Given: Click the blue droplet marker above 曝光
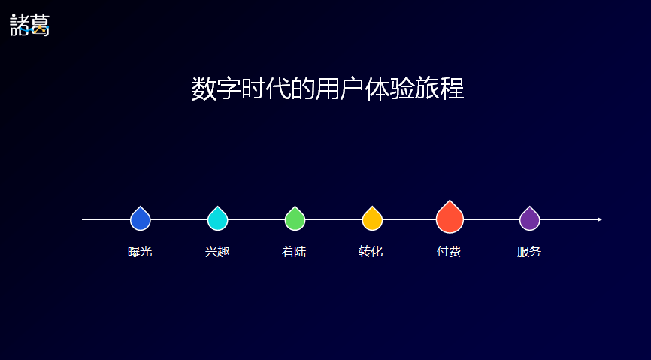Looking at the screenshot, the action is pyautogui.click(x=141, y=219).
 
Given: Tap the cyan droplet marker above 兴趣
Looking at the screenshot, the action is pyautogui.click(x=217, y=219).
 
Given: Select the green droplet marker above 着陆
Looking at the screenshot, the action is pyautogui.click(x=295, y=219).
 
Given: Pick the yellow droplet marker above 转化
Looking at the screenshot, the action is pyautogui.click(x=372, y=219).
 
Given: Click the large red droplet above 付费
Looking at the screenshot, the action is pyautogui.click(x=450, y=217).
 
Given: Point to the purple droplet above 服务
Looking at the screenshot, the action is pyautogui.click(x=530, y=219).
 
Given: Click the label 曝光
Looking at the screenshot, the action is pyautogui.click(x=140, y=252).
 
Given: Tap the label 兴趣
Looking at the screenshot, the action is pyautogui.click(x=217, y=252).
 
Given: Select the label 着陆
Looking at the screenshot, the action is pyautogui.click(x=294, y=252).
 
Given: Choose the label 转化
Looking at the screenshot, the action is pyautogui.click(x=371, y=252).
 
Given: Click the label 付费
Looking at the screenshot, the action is pyautogui.click(x=449, y=252).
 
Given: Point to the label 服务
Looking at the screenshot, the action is pyautogui.click(x=529, y=252).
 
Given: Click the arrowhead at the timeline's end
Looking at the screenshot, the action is pyautogui.click(x=600, y=219).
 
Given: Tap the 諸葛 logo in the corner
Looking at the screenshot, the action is pyautogui.click(x=29, y=25).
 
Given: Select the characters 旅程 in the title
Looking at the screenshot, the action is pyautogui.click(x=440, y=89).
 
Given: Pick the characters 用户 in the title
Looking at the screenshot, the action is pyautogui.click(x=340, y=89).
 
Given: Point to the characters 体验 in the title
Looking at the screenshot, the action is pyautogui.click(x=390, y=89).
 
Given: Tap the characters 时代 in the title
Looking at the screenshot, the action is pyautogui.click(x=265, y=89).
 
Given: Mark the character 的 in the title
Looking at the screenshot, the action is pyautogui.click(x=303, y=89).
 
